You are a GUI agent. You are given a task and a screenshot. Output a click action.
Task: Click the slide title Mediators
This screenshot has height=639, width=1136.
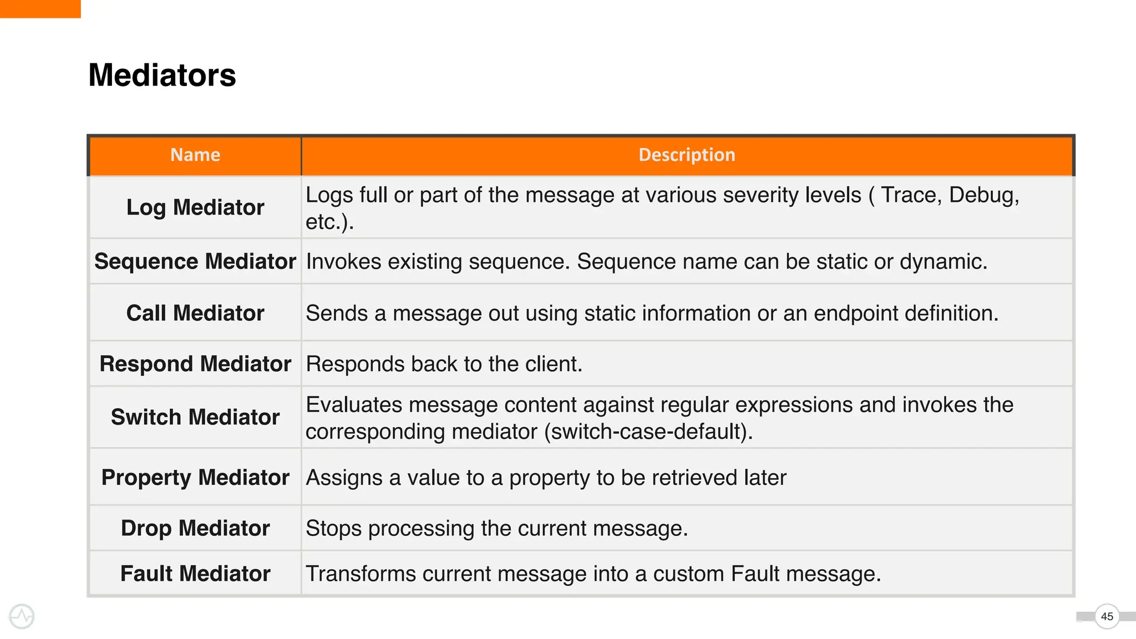point(162,75)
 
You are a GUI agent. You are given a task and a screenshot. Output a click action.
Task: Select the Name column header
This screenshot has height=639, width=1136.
point(195,155)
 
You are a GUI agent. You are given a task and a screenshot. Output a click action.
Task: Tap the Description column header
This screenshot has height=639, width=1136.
point(687,155)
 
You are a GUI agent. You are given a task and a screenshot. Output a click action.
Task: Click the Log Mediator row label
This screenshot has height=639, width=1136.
point(195,207)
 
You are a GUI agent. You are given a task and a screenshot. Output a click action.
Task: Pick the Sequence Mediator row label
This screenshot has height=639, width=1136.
point(195,261)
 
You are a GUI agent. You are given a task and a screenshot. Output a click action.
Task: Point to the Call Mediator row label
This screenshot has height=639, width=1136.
point(195,313)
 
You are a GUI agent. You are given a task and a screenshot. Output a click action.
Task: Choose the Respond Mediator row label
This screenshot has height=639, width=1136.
point(195,364)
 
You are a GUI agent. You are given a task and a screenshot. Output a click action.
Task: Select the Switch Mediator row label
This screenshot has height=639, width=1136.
point(195,417)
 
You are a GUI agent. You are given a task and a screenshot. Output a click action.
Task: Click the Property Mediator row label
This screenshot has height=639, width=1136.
point(195,478)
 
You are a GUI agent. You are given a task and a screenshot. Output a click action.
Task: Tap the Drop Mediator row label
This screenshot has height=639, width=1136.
point(195,528)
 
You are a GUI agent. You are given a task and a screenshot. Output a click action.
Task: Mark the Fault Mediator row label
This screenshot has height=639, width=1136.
point(195,574)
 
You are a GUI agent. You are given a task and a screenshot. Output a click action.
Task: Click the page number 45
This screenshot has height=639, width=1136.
point(1107,616)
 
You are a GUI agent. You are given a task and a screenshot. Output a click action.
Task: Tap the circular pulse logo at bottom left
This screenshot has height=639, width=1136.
point(22,616)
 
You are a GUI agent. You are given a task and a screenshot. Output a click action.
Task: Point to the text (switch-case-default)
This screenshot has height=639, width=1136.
point(648,432)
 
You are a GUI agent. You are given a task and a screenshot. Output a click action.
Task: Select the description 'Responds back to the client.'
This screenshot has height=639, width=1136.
point(444,364)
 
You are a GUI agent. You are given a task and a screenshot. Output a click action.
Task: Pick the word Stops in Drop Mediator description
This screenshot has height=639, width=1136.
point(333,529)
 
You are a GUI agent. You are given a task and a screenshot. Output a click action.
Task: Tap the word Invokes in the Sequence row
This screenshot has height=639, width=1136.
point(343,262)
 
